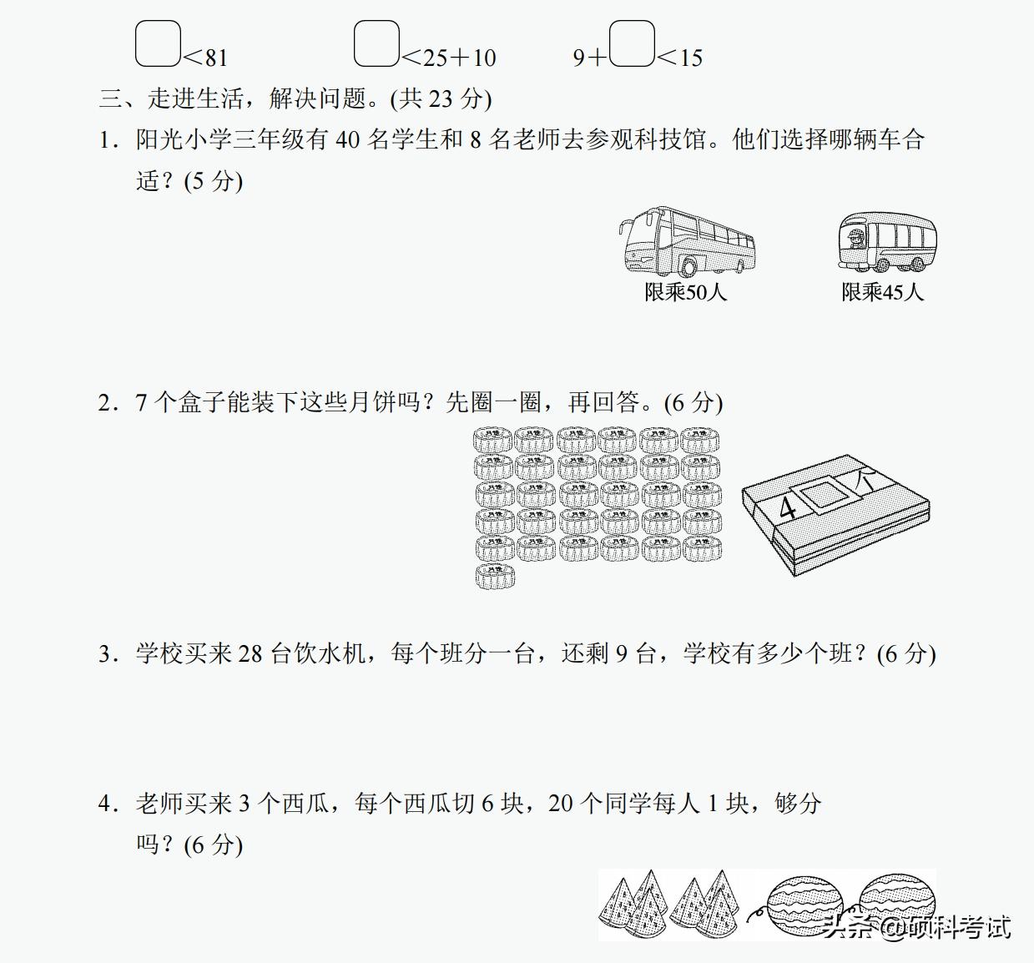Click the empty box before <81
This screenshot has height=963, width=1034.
coord(158,44)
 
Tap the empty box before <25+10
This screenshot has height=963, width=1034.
coord(376,44)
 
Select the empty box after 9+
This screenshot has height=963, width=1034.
coord(632,44)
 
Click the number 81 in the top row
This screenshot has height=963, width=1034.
coord(215,58)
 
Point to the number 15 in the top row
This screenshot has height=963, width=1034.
coord(691,58)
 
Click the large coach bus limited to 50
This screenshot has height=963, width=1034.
coord(687,241)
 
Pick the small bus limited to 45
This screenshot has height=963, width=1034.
coord(886,241)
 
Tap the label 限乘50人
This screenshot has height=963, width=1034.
coord(685,292)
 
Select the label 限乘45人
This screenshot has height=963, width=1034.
coord(882,292)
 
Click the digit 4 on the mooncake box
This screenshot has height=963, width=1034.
coord(787,507)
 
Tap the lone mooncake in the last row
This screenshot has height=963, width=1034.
coord(495,576)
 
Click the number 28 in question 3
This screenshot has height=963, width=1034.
coord(250,653)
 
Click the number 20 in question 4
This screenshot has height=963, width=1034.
coord(561,804)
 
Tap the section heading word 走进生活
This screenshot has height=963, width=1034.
coord(196,98)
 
